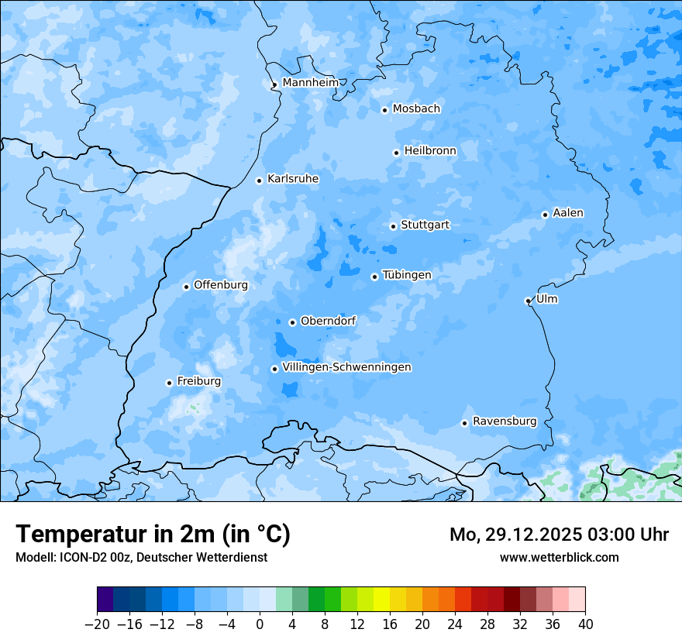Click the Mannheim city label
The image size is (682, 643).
tap(310, 83)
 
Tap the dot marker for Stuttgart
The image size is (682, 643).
tap(393, 226)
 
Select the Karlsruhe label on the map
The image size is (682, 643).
tap(293, 179)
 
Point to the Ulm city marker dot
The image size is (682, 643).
tap(528, 301)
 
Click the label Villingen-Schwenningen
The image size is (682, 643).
tap(346, 367)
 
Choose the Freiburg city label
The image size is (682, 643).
tap(198, 381)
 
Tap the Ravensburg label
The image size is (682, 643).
tap(505, 421)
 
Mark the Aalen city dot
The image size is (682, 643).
tap(545, 215)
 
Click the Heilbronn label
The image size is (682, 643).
tap(430, 151)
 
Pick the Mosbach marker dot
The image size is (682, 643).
tap(384, 110)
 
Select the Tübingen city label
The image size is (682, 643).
tap(407, 275)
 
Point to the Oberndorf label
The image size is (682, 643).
tap(328, 321)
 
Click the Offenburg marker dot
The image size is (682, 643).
tap(186, 287)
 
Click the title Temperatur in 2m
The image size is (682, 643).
tap(153, 535)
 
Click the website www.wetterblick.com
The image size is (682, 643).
tap(559, 558)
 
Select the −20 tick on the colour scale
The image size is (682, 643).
tap(97, 624)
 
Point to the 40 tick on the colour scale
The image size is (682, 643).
tap(585, 624)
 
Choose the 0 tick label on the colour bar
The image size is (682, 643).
tap(260, 624)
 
